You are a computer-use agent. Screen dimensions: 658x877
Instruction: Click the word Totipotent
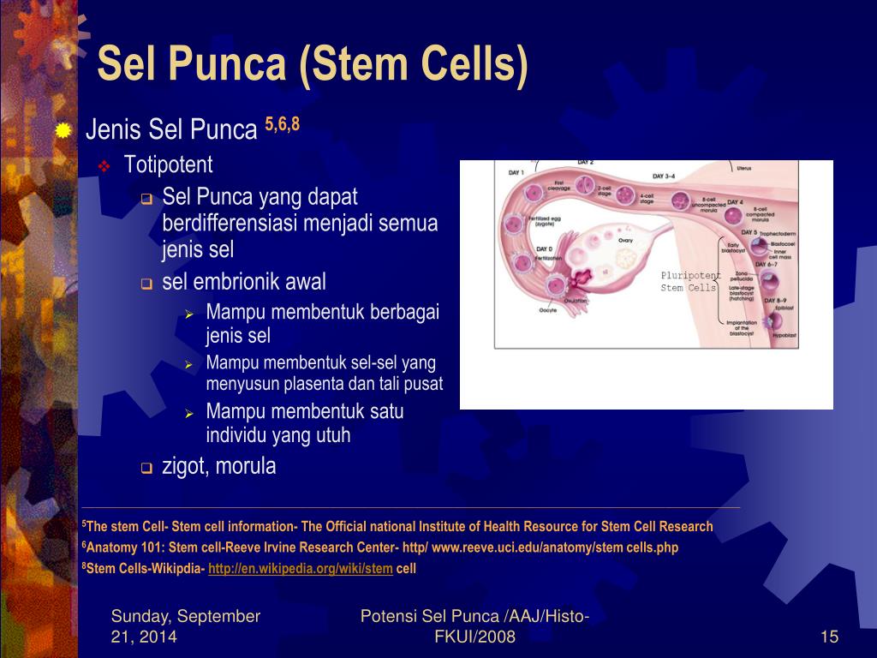[x=168, y=164]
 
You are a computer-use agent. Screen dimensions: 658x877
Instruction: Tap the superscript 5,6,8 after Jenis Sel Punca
[x=282, y=125]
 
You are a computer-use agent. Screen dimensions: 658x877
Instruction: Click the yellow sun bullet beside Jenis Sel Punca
[x=63, y=131]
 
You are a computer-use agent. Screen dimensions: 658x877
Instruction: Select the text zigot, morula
[x=219, y=467]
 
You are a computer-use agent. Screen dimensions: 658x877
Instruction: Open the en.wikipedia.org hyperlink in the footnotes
[x=301, y=568]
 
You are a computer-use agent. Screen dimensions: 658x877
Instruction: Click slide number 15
[x=828, y=637]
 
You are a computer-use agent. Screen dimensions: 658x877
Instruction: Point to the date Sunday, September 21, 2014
[x=186, y=626]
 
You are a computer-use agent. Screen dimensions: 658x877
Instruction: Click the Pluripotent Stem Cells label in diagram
[x=688, y=281]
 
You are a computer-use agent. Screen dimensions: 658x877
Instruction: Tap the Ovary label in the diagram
[x=626, y=241]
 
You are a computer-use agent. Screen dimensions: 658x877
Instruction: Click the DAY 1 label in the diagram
[x=516, y=173]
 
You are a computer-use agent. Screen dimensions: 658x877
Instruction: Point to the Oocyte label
[x=547, y=310]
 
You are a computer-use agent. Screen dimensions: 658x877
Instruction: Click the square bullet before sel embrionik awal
[x=146, y=284]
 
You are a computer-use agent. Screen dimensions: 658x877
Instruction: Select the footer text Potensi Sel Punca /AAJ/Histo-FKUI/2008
[x=474, y=626]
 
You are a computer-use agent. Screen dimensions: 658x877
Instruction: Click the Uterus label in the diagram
[x=744, y=169]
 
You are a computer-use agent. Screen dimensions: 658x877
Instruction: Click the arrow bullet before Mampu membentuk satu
[x=190, y=413]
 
